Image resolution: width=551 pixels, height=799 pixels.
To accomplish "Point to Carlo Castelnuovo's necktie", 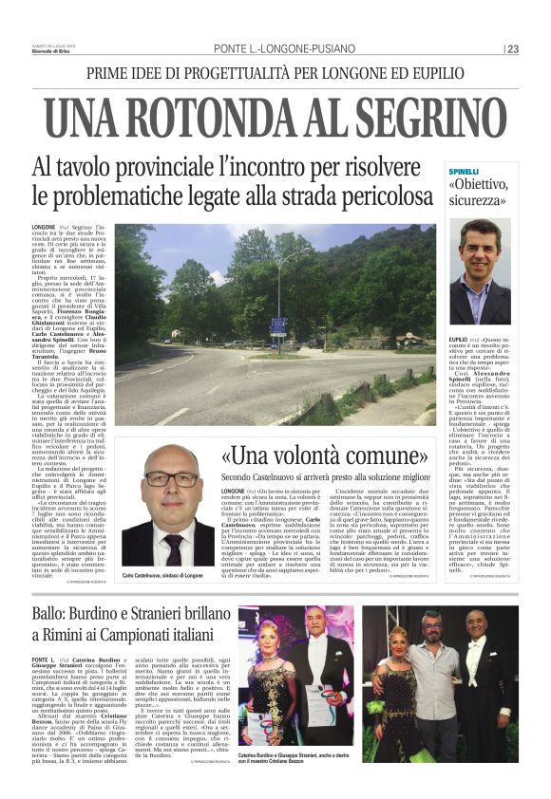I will click(x=174, y=548).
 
